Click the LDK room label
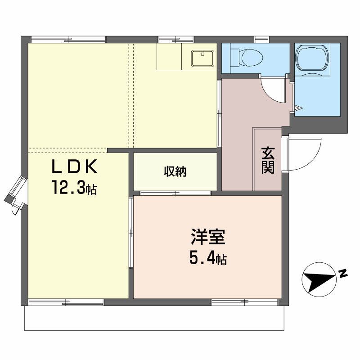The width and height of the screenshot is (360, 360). (x=74, y=167)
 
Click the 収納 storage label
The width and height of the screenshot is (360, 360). (x=175, y=171)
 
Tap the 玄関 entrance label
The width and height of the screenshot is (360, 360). (x=268, y=161)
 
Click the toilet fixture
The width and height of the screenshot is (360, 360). (x=245, y=57)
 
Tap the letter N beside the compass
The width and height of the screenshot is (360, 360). (x=343, y=273)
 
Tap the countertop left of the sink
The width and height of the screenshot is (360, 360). (x=169, y=57)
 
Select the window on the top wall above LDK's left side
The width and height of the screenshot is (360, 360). (x=67, y=39)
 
